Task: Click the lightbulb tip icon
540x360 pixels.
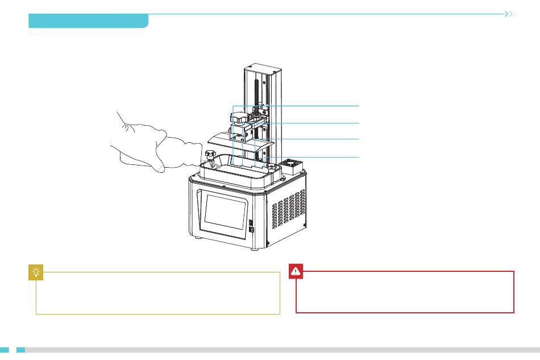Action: pyautogui.click(x=36, y=273)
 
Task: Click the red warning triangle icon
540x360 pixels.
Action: pyautogui.click(x=296, y=272)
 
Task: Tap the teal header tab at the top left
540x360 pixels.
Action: pyautogui.click(x=88, y=21)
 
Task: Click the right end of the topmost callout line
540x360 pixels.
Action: pyautogui.click(x=359, y=106)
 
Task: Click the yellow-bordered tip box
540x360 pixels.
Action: pyautogui.click(x=158, y=293)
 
